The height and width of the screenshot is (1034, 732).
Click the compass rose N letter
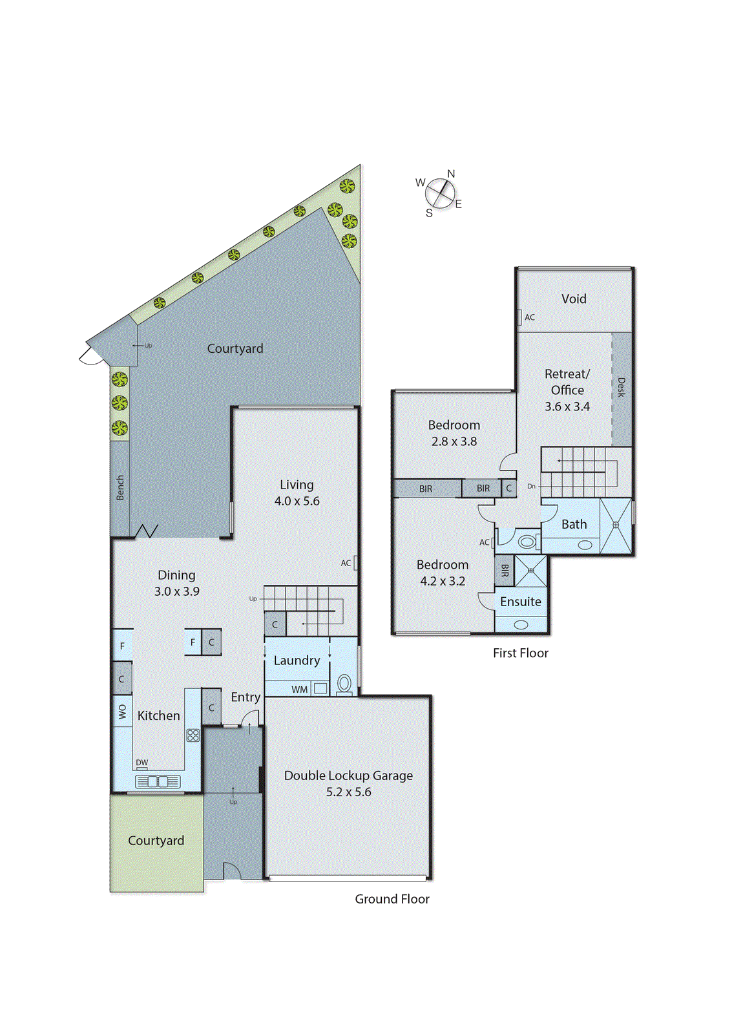point(451,174)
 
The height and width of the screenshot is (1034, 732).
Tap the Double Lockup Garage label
point(348,775)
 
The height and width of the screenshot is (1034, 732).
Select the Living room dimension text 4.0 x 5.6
point(297,501)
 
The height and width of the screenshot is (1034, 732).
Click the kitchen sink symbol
point(158,782)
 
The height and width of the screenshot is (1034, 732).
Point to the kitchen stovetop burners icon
point(193,735)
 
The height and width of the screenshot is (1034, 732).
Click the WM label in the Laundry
point(299,690)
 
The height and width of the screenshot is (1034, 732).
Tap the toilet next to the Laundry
point(344,684)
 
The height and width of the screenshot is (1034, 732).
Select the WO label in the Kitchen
point(123,712)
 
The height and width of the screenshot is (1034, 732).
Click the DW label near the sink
point(142,763)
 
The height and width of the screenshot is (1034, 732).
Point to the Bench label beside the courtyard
point(120,487)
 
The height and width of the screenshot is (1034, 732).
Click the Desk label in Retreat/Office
point(622,387)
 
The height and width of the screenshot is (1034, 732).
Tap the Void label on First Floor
point(574,299)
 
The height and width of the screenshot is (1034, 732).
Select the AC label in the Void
point(530,317)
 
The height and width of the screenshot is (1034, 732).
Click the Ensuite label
point(520,602)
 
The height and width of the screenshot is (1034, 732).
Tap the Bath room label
point(574,524)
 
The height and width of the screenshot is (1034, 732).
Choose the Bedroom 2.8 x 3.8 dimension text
point(454,441)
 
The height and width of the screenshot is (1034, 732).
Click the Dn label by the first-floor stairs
point(531,486)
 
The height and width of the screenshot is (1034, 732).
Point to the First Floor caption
point(520,653)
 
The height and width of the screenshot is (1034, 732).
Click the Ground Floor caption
point(392,899)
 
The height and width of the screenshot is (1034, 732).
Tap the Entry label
point(246,697)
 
